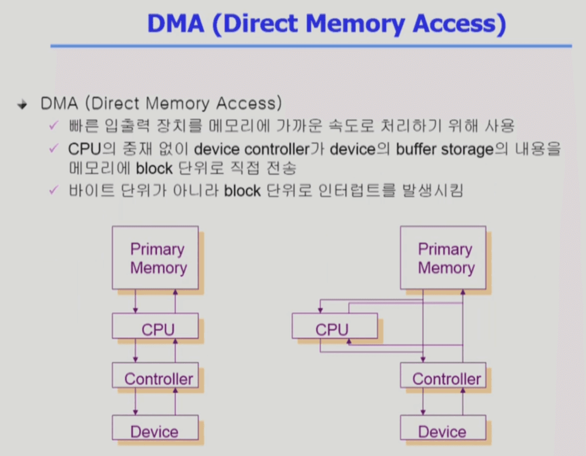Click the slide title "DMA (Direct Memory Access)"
coord(326,23)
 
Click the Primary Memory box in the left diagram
coord(155,258)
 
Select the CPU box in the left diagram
coord(155,329)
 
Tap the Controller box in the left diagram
coord(155,378)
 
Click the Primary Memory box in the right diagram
coord(443,258)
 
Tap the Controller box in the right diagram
coord(443,378)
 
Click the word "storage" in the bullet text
coord(469,149)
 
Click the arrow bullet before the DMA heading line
coord(21,105)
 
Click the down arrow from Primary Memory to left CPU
coord(135,302)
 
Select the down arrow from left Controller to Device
coord(135,402)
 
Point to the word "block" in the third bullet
coord(242,191)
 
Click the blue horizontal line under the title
coord(311,46)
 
